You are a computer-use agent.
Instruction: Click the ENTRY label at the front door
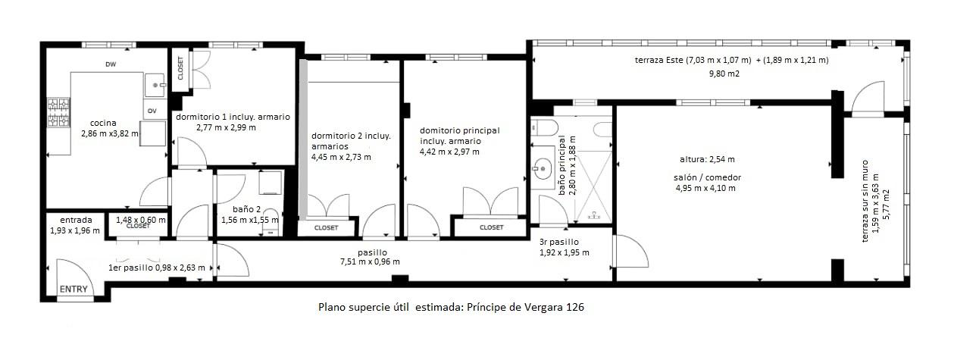[x=74, y=289]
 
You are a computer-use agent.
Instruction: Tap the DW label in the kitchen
[x=111, y=64]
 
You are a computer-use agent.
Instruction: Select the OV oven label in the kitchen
[x=152, y=111]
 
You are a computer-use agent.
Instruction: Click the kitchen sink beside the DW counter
[x=156, y=84]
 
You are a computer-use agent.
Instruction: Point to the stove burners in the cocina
[x=57, y=114]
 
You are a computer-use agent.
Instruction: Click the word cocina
[x=103, y=123]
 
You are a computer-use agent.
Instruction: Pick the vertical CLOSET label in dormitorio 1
[x=180, y=70]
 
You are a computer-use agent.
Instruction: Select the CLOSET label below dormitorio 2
[x=326, y=227]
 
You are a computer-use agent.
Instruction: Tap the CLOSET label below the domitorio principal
[x=491, y=227]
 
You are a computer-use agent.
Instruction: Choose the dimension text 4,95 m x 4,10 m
[x=705, y=188]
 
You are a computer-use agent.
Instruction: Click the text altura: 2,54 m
[x=706, y=159]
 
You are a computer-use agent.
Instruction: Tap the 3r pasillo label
[x=558, y=243]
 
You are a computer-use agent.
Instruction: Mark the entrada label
[x=75, y=221]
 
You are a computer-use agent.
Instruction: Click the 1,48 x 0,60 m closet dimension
[x=140, y=219]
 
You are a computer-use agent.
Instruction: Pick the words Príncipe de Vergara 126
[x=525, y=308]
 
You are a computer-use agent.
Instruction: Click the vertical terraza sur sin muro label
[x=865, y=204]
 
